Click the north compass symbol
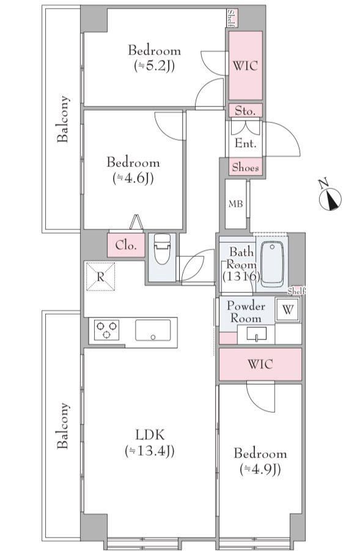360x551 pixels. [330, 199]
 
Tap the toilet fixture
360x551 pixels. [162, 249]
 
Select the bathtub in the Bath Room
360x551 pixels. [272, 264]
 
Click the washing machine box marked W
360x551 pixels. [288, 309]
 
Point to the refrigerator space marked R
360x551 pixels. [100, 276]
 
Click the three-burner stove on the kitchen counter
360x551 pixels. [106, 330]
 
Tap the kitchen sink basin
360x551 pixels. [153, 330]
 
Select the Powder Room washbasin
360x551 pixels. [256, 333]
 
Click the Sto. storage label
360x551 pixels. [245, 111]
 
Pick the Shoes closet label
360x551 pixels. [246, 168]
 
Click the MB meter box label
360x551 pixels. [235, 204]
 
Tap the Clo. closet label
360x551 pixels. [126, 245]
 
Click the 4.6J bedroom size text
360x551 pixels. [133, 178]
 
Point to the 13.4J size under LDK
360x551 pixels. [150, 450]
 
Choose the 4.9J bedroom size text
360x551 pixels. [260, 469]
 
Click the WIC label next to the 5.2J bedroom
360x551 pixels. [246, 65]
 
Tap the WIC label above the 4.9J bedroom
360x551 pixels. [260, 364]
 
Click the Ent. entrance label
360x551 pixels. [246, 143]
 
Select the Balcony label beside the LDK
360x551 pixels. [63, 426]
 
